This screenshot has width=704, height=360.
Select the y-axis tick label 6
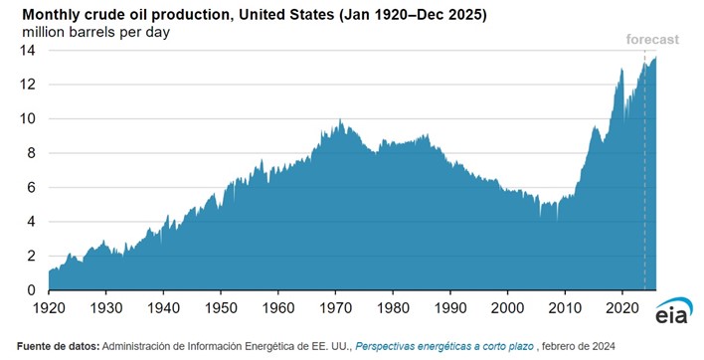click(x=32, y=187)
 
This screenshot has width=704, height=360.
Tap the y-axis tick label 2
click(x=32, y=256)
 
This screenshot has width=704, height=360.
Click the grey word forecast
click(x=651, y=40)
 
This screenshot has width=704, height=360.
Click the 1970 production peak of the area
click(x=340, y=121)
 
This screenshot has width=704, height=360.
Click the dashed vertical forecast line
click(x=645, y=179)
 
